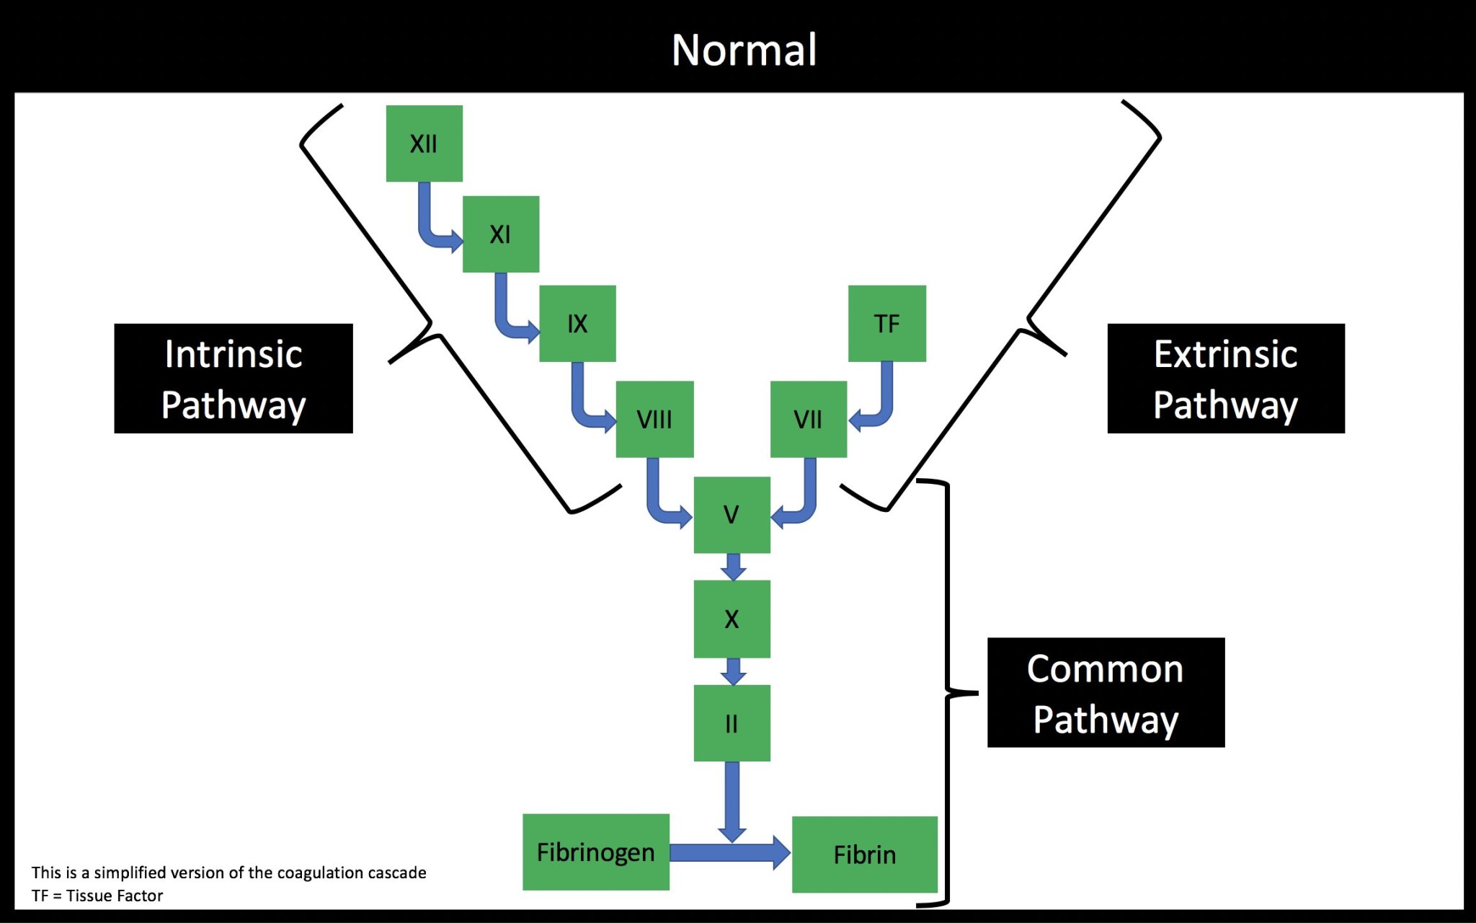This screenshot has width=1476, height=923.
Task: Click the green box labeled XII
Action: (424, 143)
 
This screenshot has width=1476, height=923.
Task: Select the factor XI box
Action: (500, 234)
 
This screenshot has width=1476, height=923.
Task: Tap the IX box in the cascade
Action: (577, 324)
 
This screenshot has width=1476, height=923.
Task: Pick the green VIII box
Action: (654, 419)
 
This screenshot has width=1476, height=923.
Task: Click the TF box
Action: (886, 324)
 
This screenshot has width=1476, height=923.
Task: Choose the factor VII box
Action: (808, 419)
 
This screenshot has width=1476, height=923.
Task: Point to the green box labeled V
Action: (732, 515)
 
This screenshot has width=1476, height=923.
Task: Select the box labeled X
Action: (732, 619)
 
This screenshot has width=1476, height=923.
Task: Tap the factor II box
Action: (732, 723)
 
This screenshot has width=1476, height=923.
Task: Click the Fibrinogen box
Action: (595, 852)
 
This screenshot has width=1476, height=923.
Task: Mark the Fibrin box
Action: (864, 854)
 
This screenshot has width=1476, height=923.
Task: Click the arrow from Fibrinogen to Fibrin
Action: (728, 853)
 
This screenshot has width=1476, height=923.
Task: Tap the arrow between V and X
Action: (733, 567)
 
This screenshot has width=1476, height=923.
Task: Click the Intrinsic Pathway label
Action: (234, 379)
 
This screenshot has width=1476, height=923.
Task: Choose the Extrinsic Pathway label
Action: (1225, 379)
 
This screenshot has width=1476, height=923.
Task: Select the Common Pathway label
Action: (1106, 692)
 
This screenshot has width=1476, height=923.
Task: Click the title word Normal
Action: (744, 50)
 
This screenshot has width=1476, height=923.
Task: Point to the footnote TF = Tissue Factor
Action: (97, 896)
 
